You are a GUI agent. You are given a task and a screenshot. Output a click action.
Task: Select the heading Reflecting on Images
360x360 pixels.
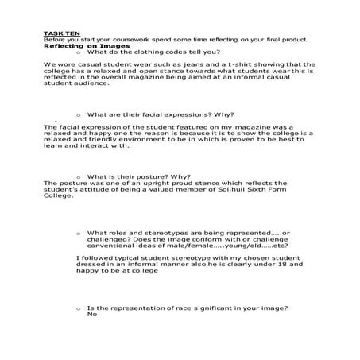(73, 46)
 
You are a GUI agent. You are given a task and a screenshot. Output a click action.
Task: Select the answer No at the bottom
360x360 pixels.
(92, 314)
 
